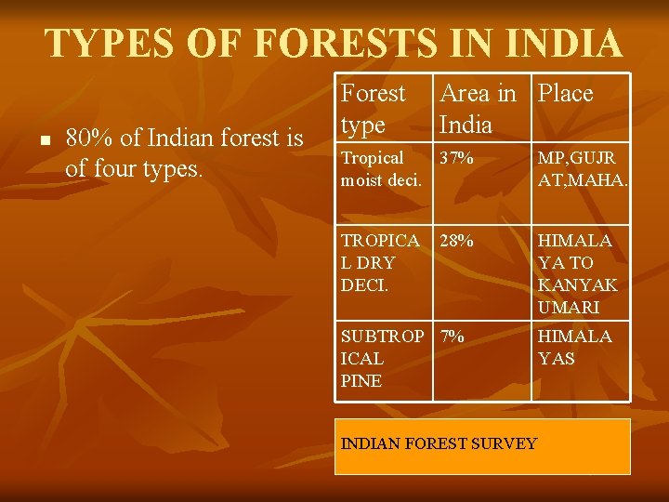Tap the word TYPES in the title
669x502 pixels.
111,44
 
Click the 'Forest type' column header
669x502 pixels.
374,108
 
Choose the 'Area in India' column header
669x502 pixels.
478,108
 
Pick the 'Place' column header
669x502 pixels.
565,94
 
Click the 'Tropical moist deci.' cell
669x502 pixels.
381,168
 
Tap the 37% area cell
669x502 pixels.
457,159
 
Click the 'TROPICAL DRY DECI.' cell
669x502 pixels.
381,263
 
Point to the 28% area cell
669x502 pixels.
457,242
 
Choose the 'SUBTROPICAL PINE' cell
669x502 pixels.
381,358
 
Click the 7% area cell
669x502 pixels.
453,337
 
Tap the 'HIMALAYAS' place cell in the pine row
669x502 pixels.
574,348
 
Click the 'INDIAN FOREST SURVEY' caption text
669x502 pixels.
439,443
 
